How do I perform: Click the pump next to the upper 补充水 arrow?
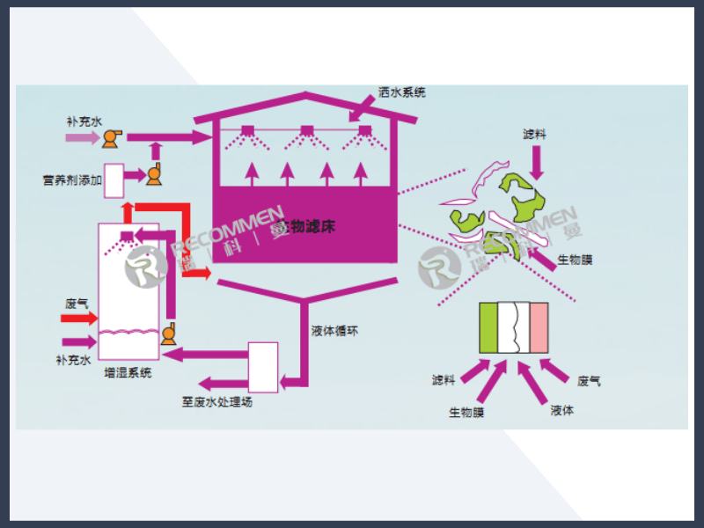coord(113,137)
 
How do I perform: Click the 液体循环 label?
coord(334,332)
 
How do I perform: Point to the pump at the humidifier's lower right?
coord(170,333)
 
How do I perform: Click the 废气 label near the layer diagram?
coord(589,381)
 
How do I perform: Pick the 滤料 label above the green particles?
coord(534,134)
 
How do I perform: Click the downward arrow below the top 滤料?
coord(538,162)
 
